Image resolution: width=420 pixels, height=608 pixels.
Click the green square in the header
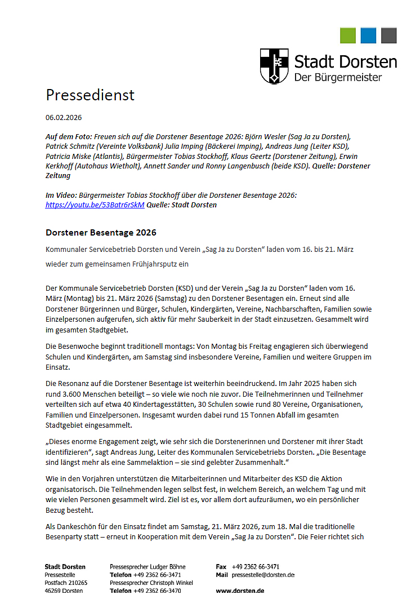pyautogui.click(x=348, y=35)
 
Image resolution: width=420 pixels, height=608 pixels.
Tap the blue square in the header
pyautogui.click(x=368, y=35)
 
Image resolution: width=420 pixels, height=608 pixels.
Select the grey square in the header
pyautogui.click(x=389, y=35)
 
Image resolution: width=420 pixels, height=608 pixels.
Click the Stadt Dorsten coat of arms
pyautogui.click(x=274, y=66)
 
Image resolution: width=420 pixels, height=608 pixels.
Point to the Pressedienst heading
pyautogui.click(x=90, y=95)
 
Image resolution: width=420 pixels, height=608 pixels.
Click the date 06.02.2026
pyautogui.click(x=64, y=118)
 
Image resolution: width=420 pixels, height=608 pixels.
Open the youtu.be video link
pyautogui.click(x=95, y=205)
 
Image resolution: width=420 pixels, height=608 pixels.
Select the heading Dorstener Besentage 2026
pyautogui.click(x=101, y=233)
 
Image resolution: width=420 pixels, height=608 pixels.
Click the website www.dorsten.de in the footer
pyautogui.click(x=240, y=591)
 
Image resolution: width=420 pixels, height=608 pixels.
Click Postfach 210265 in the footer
pyautogui.click(x=66, y=583)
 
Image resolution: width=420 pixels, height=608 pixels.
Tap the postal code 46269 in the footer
pyautogui.click(x=53, y=591)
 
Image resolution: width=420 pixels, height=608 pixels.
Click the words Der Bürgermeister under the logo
pyautogui.click(x=338, y=77)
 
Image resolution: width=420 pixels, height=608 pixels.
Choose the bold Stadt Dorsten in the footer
pyautogui.click(x=65, y=567)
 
